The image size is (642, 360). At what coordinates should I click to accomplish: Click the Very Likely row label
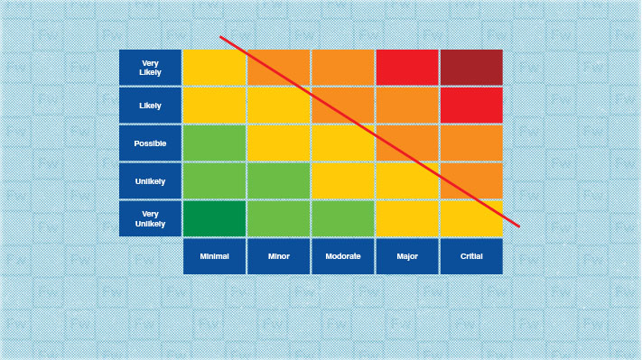[x=150, y=67]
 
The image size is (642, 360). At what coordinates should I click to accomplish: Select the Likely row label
[x=150, y=105]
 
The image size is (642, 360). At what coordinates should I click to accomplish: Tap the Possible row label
[x=150, y=143]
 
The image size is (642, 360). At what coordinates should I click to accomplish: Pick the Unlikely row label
[x=150, y=180]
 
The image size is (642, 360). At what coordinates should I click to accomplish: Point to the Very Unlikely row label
[x=150, y=218]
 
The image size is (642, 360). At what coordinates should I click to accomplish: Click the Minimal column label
[x=214, y=256]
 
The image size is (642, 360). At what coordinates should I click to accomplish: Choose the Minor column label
[x=279, y=256]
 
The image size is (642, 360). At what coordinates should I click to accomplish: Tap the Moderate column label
[x=343, y=256]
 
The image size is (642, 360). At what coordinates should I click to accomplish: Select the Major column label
[x=407, y=256]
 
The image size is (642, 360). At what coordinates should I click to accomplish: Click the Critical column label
[x=471, y=256]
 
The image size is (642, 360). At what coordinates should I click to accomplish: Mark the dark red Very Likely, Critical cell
[x=471, y=67]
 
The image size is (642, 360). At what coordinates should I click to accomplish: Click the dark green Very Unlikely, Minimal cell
[x=214, y=218]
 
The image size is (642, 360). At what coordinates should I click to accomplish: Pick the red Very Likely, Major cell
[x=407, y=67]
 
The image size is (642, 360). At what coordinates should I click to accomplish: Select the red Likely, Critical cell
[x=471, y=105]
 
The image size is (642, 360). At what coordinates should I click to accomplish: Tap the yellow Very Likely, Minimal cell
[x=214, y=67]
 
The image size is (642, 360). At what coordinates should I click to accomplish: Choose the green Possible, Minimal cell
[x=214, y=143]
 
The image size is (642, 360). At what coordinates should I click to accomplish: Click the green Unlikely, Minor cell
[x=279, y=180]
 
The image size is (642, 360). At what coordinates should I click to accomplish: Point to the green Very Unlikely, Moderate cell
[x=343, y=218]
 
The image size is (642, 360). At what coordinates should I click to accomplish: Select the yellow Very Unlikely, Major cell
[x=407, y=218]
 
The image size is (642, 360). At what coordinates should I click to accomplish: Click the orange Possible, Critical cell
[x=471, y=143]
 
